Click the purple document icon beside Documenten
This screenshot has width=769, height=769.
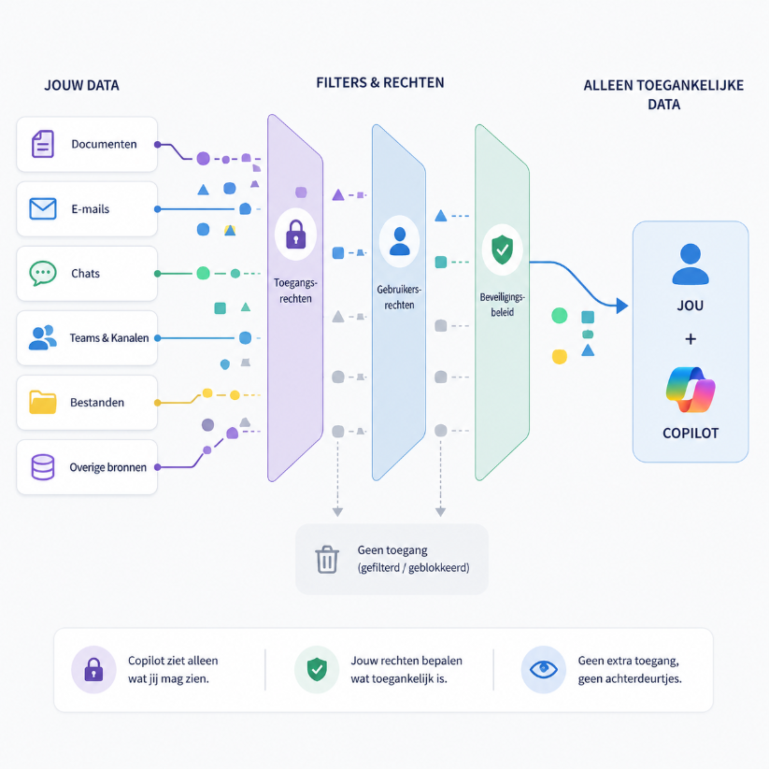coord(43,144)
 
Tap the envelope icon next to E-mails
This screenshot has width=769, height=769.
coord(43,208)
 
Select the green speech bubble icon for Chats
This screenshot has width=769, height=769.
coord(43,273)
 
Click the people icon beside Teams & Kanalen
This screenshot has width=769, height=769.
coord(42,337)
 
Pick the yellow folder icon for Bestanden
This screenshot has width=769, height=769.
coord(43,402)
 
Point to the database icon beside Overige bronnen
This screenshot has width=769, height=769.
coord(43,467)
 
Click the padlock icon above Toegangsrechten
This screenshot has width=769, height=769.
coord(295,235)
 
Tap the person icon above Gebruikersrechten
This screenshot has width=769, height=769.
coord(399,241)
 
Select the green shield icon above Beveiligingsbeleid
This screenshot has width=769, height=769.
coord(502,249)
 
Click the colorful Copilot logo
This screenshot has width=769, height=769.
coord(691,390)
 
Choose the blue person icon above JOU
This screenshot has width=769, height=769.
coord(691,264)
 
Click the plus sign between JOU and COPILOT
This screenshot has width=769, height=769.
coord(691,339)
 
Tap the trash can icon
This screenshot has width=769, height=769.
coord(327,560)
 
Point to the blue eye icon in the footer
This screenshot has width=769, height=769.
coord(544,669)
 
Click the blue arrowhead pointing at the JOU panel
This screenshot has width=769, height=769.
coord(622,306)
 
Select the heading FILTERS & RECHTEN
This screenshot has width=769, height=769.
coord(380,83)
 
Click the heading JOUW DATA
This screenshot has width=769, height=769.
coord(82,85)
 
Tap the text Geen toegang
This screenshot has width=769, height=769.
coord(392,550)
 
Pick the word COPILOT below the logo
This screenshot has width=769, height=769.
coord(691,433)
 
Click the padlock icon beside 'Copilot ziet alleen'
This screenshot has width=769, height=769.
coord(93,669)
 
